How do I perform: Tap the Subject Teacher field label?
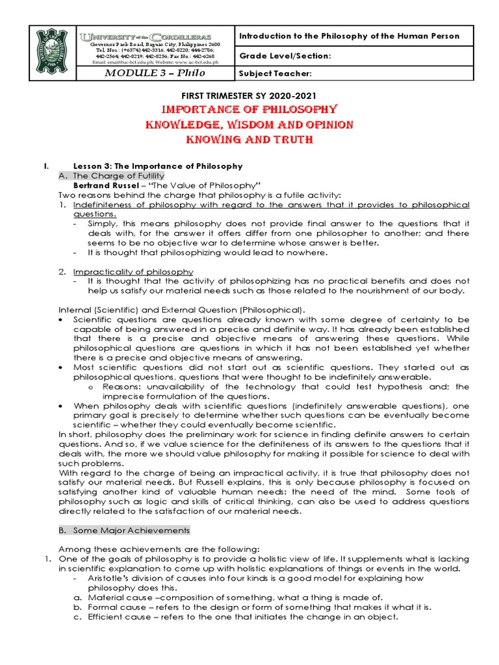click(x=275, y=73)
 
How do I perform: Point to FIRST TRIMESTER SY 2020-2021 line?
click(x=249, y=95)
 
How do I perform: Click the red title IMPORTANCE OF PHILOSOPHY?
click(x=249, y=109)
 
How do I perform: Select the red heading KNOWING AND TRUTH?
click(x=249, y=140)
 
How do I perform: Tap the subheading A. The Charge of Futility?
click(x=118, y=176)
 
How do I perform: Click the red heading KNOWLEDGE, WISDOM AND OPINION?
click(x=249, y=125)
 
